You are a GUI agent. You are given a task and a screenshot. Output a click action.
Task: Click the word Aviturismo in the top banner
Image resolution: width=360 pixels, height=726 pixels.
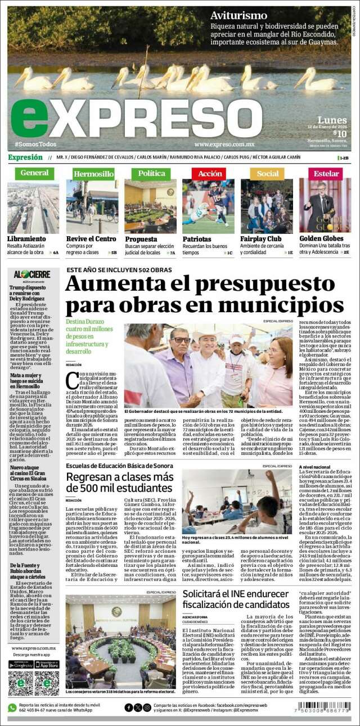pyautogui.click(x=238, y=16)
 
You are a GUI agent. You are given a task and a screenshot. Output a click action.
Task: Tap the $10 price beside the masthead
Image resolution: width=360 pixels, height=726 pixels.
pyautogui.click(x=340, y=133)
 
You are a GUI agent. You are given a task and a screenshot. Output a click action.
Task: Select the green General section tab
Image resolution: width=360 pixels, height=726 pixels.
pyautogui.click(x=34, y=173)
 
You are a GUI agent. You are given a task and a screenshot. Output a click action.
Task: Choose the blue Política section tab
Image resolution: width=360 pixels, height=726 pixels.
pyautogui.click(x=151, y=173)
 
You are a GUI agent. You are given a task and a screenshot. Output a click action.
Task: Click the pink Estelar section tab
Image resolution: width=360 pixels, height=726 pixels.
pyautogui.click(x=326, y=173)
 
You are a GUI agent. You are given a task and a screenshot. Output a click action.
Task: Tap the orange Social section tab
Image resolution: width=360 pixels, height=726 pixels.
pyautogui.click(x=267, y=174)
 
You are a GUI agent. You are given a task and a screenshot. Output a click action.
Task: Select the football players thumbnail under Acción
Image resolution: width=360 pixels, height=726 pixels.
pyautogui.click(x=208, y=206)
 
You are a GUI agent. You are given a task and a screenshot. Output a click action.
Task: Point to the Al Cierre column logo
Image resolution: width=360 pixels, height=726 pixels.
pyautogui.click(x=31, y=274)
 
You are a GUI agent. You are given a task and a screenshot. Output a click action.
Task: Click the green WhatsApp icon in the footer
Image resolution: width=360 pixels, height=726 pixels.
pyautogui.click(x=12, y=707)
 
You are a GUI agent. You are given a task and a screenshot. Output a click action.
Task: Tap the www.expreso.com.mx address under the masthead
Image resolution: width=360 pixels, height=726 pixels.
pyautogui.click(x=223, y=144)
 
